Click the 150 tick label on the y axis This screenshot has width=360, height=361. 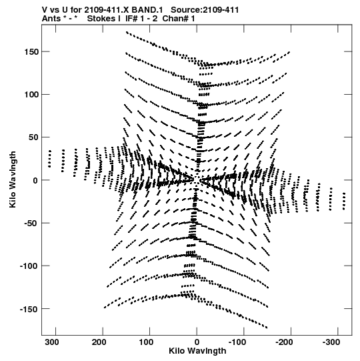point(31,52)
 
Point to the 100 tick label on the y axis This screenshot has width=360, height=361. point(31,94)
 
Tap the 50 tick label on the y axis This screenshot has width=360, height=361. point(34,137)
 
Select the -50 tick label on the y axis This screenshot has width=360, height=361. point(31,223)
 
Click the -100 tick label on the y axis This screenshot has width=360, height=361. point(29,266)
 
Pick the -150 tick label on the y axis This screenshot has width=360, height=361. point(29,309)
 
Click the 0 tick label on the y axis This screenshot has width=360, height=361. point(35,180)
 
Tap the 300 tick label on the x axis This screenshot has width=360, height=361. point(52,342)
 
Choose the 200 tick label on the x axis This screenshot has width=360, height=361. point(99,342)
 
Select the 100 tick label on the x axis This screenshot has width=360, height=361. point(146,342)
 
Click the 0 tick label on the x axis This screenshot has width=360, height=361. point(197,342)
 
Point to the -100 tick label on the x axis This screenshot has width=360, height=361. point(237,342)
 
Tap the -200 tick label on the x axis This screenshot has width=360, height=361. point(285,342)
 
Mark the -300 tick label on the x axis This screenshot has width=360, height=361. point(332,342)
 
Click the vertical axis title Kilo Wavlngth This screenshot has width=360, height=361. point(13,179)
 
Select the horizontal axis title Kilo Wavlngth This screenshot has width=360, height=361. point(197,351)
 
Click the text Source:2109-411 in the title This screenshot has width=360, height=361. point(205,10)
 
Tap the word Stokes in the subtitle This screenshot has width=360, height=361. point(104,19)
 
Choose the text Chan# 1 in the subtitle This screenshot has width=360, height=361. point(179,19)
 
